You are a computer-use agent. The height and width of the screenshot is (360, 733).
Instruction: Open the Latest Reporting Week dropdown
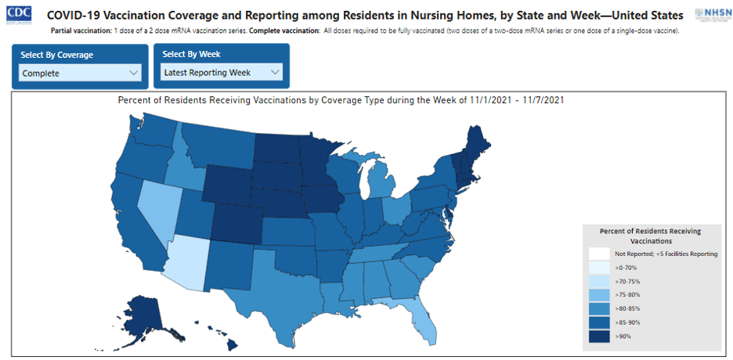point(222,73)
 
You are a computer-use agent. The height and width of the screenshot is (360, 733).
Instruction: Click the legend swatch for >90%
point(600,336)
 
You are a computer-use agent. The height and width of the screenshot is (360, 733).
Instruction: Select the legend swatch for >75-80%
point(600,295)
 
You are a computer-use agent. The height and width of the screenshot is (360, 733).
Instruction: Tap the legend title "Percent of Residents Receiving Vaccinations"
point(649,236)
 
